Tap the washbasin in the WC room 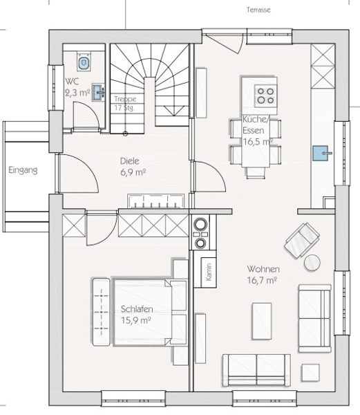pyautogui.click(x=98, y=93)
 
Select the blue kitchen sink pyautogui.click(x=321, y=153)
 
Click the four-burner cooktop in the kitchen pyautogui.click(x=265, y=95)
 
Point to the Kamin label pyautogui.click(x=209, y=272)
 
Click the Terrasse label pyautogui.click(x=258, y=10)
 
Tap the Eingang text pyautogui.click(x=23, y=170)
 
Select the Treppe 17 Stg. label pyautogui.click(x=125, y=103)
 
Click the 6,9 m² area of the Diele pyautogui.click(x=133, y=172)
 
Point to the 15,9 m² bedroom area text pyautogui.click(x=136, y=320)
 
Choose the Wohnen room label pyautogui.click(x=263, y=269)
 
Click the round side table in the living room pyautogui.click(x=312, y=263)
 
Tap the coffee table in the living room pyautogui.click(x=262, y=321)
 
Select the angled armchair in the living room pyautogui.click(x=301, y=240)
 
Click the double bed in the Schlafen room pyautogui.click(x=150, y=312)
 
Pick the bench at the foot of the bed pyautogui.click(x=101, y=312)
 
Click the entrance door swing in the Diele pyautogui.click(x=79, y=172)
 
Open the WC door pyautogui.click(x=86, y=115)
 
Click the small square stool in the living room pyautogui.click(x=310, y=373)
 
